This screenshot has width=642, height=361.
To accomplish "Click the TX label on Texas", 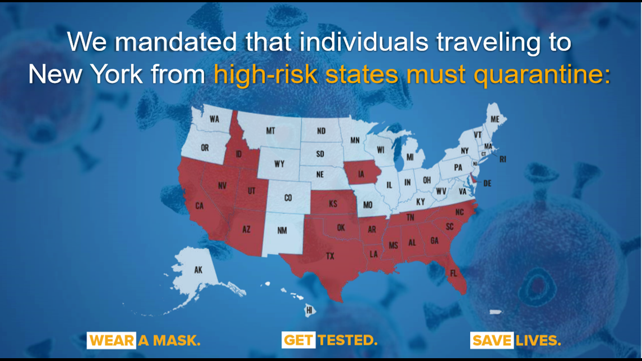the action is click(x=330, y=256).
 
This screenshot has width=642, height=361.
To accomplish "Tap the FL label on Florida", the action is click(x=453, y=273).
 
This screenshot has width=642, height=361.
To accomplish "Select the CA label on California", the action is click(x=199, y=206).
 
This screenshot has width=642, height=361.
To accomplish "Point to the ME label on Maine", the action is click(x=495, y=119).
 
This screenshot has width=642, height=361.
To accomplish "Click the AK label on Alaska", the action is click(x=198, y=270).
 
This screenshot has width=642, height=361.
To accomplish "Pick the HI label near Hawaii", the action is click(x=309, y=310).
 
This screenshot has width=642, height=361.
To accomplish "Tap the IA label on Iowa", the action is click(x=361, y=174).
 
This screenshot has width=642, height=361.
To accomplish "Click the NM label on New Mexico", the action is click(x=282, y=230).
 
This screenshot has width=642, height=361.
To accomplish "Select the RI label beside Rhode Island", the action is click(x=503, y=159).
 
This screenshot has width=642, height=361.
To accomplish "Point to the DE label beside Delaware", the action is click(x=487, y=184).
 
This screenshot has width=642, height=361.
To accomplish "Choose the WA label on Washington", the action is click(x=214, y=119).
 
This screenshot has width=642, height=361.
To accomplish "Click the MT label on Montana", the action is click(x=271, y=131).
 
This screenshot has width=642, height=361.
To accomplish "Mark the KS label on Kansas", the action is click(x=333, y=203).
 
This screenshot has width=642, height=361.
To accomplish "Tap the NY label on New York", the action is click(x=465, y=150).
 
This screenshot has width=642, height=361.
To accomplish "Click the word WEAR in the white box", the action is click(x=112, y=341).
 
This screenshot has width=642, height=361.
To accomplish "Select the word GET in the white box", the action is click(x=299, y=340).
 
